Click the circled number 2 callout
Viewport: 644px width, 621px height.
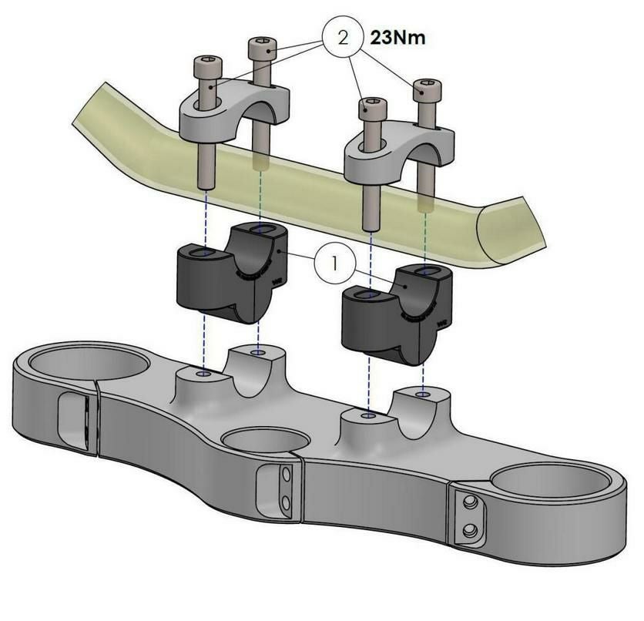coord(343,38)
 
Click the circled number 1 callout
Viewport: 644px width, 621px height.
coord(335,264)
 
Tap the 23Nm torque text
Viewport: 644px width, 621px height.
coord(398,38)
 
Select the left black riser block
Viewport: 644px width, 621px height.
coord(233,273)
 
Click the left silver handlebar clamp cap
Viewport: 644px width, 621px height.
coord(235,112)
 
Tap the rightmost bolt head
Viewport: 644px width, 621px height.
coord(428,90)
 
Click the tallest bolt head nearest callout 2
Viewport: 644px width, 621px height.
coord(263,48)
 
